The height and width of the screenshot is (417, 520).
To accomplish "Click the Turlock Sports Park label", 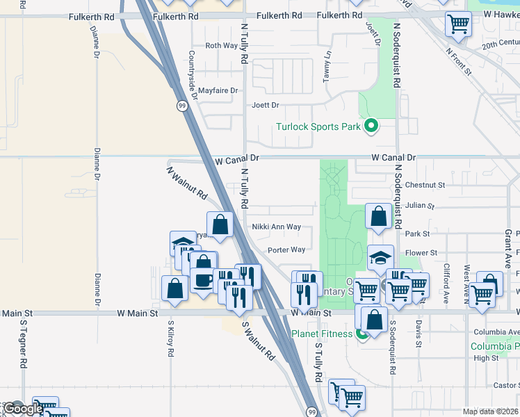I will [x=318, y=126].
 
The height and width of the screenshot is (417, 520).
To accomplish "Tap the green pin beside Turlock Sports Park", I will [x=371, y=126].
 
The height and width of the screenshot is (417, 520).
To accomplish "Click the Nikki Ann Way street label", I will [x=276, y=227].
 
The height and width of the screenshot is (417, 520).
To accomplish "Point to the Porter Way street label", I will [x=286, y=250].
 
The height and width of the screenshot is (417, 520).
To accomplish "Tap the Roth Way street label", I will [x=221, y=46].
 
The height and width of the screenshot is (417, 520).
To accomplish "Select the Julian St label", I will [x=420, y=206].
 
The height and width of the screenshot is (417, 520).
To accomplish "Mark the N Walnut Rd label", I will [x=187, y=182].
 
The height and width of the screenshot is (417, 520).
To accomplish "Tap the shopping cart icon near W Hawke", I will [x=458, y=24].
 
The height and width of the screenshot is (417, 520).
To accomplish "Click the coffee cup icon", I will [x=203, y=279].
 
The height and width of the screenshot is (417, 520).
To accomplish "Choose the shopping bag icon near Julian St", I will [x=378, y=216].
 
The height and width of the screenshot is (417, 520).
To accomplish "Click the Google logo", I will [x=23, y=409].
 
